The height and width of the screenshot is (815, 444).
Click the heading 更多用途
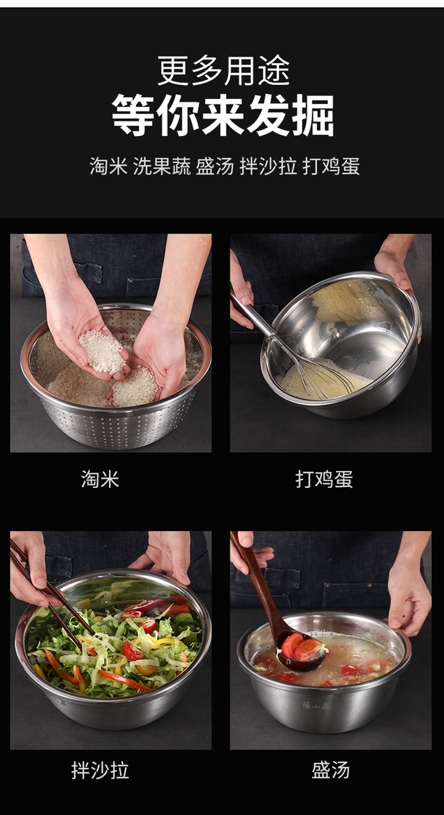click(x=223, y=70)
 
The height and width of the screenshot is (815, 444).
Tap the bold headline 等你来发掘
click(x=223, y=115)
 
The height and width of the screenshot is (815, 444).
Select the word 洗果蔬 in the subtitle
click(x=162, y=167)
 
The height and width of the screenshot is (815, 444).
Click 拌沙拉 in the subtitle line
click(x=268, y=167)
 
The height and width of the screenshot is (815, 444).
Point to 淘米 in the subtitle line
click(x=108, y=167)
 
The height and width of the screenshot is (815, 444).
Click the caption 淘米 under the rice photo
click(x=100, y=479)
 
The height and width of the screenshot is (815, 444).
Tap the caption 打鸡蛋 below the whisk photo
click(x=324, y=479)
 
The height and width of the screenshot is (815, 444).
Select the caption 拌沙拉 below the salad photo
click(x=100, y=771)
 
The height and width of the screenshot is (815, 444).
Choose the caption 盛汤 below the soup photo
click(x=330, y=771)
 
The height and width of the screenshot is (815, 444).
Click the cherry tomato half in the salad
click(x=133, y=650)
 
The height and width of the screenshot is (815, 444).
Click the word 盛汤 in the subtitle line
click(x=215, y=167)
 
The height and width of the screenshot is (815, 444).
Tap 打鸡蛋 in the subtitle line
click(x=331, y=167)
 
